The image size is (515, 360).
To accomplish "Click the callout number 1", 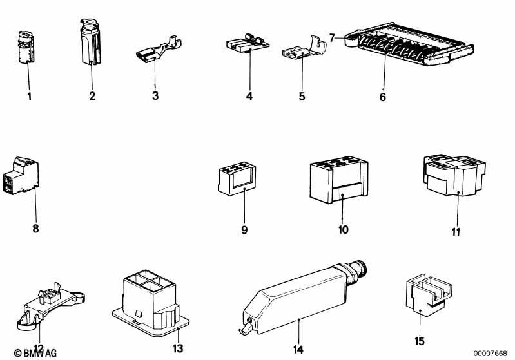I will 28,97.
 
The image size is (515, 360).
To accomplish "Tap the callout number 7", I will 332,37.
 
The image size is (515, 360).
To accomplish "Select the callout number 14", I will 298,350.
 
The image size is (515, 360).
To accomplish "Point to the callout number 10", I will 343,229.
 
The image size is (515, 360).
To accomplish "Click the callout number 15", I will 420,341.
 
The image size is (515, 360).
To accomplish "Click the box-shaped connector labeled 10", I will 338,177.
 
